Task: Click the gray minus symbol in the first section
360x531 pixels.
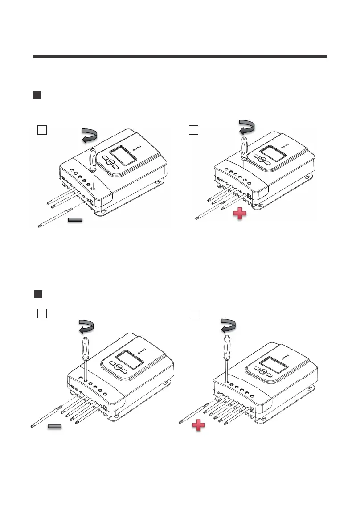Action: [76, 220]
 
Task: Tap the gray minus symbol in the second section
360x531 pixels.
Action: [54, 427]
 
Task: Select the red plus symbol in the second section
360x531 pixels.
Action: [199, 427]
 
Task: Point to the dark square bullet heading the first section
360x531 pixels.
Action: [37, 96]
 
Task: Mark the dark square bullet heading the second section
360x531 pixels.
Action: [38, 294]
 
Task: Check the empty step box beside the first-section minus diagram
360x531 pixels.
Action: [42, 130]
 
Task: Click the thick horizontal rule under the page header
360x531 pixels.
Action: [180, 56]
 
